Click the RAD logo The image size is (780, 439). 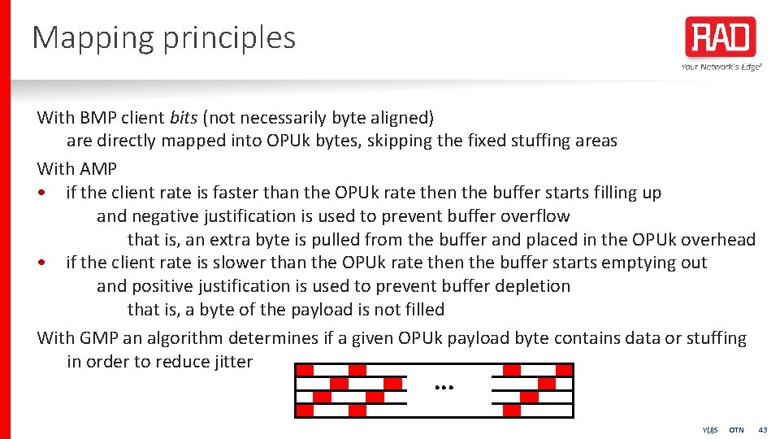(721, 37)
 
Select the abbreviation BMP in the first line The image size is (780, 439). (98, 117)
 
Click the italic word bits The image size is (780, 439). (184, 117)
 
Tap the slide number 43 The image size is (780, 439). (762, 429)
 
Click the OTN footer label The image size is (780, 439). (736, 429)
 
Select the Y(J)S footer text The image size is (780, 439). (710, 429)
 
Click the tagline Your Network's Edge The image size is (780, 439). (721, 67)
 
